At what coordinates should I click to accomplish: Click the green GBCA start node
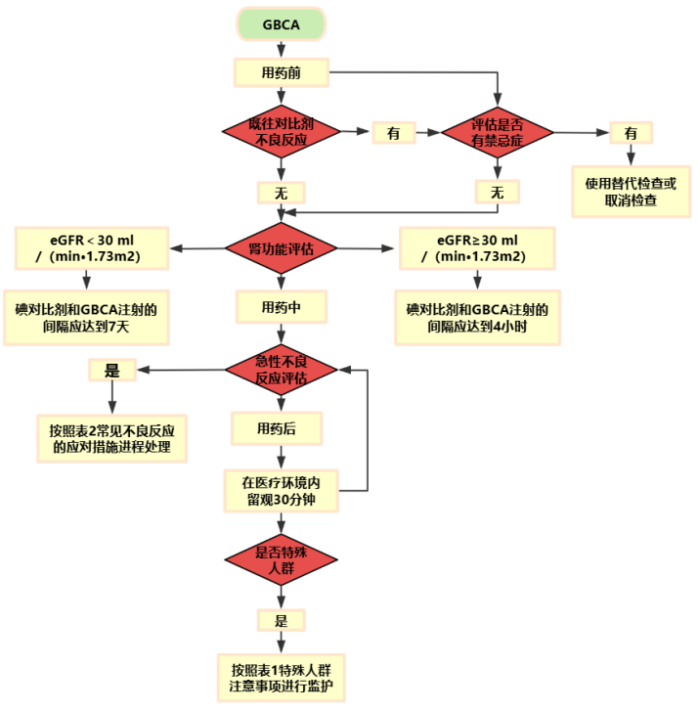(282, 25)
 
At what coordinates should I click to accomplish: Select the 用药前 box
(282, 72)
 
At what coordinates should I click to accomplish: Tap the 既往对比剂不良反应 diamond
(282, 132)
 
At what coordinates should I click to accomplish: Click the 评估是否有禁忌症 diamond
(497, 132)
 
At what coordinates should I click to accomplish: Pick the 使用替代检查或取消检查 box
(630, 190)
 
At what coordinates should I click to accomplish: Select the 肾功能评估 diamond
(282, 248)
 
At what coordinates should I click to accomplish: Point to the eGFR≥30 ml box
(476, 248)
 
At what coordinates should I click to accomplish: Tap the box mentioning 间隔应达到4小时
(476, 318)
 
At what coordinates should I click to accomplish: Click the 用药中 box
(282, 307)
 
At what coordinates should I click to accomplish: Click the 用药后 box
(282, 428)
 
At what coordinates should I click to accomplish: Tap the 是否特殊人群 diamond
(282, 559)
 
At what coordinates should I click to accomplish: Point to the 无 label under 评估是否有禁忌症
(497, 192)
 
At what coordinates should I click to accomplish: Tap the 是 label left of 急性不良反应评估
(111, 370)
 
